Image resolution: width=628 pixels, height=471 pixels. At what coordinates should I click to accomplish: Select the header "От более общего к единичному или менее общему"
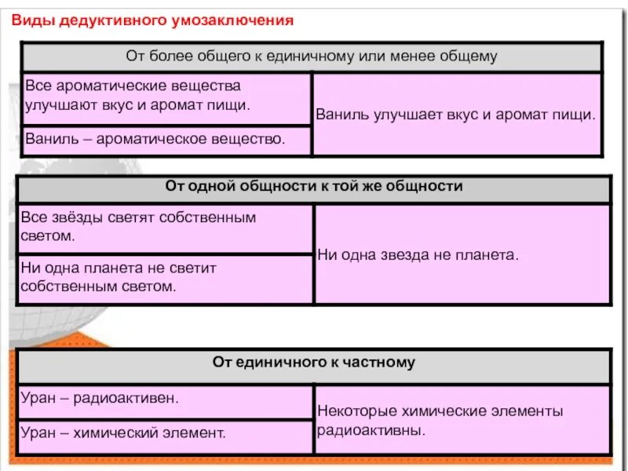[312, 57]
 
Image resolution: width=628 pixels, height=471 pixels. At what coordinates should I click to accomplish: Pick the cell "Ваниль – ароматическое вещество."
[155, 139]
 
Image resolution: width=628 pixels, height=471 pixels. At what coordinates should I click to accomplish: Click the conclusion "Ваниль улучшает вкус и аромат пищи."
[455, 114]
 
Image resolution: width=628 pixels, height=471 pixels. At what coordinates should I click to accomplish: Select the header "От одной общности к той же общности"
[314, 187]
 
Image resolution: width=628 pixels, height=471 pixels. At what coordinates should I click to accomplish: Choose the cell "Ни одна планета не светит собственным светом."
[165, 277]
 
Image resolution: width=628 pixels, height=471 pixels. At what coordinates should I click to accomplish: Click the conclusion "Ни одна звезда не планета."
[418, 255]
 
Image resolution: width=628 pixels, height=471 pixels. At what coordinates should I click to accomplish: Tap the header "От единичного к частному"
[313, 363]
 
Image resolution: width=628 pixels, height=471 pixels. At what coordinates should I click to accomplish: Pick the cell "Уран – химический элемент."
[123, 432]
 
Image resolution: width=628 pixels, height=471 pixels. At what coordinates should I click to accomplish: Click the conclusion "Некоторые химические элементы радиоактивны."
[440, 420]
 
